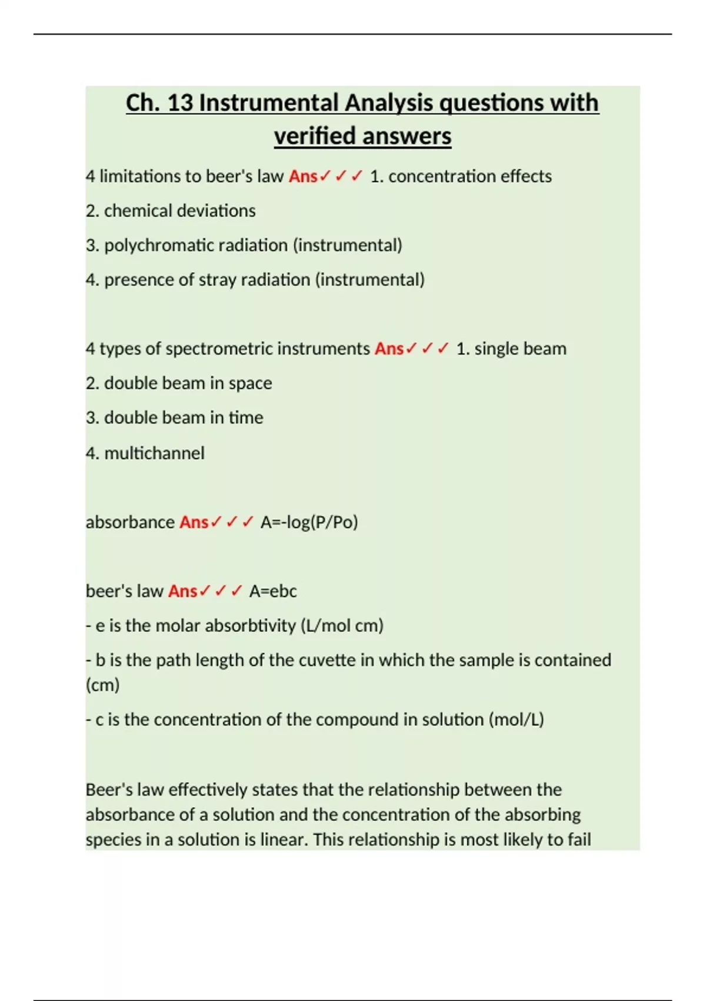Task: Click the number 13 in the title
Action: (180, 103)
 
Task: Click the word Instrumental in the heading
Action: (269, 103)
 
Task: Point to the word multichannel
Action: (154, 453)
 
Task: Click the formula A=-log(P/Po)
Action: (309, 522)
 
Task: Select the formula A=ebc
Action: (273, 591)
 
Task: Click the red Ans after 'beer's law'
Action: (182, 591)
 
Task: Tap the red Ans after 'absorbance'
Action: (194, 522)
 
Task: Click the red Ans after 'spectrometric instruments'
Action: (389, 349)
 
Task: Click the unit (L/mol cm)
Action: (342, 625)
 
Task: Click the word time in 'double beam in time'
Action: (246, 417)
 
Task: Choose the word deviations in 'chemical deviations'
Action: (217, 211)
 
